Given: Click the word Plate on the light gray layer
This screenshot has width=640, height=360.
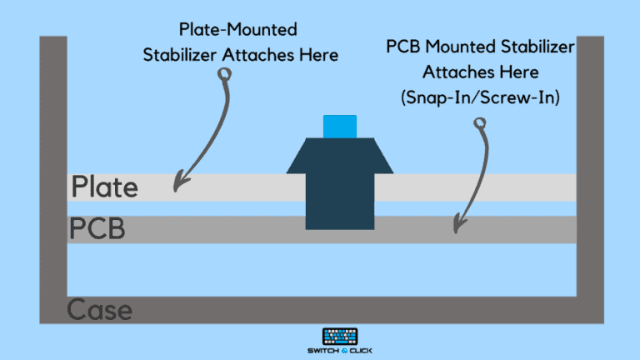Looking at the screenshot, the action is click(x=104, y=187).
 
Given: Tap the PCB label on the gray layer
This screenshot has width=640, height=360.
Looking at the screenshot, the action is click(x=97, y=228).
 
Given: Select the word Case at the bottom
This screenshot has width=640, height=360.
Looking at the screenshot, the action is click(x=100, y=309).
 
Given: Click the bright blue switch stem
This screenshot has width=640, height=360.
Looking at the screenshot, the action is click(x=340, y=127).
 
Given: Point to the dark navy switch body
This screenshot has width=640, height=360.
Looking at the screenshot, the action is click(x=340, y=183).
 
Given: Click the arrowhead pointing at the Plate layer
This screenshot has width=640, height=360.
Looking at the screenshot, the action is click(x=180, y=182).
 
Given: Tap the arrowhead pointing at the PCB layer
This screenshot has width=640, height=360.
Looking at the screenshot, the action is click(x=459, y=224).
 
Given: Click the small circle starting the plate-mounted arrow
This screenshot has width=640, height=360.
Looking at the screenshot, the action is click(x=224, y=74).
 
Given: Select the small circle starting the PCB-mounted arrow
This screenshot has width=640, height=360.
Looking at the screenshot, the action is click(x=480, y=123).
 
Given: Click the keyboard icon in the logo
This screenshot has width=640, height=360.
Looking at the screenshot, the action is click(x=340, y=337).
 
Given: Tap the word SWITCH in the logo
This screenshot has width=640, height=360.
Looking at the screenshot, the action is click(x=323, y=351).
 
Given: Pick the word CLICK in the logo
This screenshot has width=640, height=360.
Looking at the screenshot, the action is click(x=361, y=351).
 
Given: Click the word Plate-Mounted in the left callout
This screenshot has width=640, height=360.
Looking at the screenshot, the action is click(x=238, y=29).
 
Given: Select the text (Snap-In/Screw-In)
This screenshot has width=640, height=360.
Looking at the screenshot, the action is click(x=480, y=97).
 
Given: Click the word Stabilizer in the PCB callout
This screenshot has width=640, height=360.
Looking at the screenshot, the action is click(x=537, y=47).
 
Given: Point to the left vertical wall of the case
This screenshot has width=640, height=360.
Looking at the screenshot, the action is click(x=53, y=180).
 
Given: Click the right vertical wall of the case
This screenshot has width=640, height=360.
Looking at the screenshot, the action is click(x=590, y=180).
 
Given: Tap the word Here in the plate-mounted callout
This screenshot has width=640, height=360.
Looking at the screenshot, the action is click(x=318, y=55).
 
